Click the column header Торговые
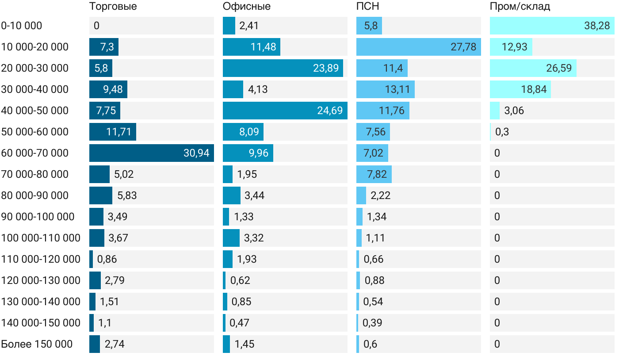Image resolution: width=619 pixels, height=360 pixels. coord(113,6)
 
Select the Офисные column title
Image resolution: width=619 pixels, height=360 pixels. coord(247,6)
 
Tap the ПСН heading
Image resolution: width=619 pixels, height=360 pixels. coord(368,6)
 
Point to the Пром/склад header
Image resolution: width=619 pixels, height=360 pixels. coord(520,6)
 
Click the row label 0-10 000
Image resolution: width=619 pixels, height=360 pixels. coord(22,26)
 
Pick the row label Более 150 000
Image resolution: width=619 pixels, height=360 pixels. coord(37,344)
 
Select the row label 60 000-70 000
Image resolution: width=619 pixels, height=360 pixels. coord(35,153)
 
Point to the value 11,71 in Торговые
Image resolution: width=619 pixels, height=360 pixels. coord(118,132)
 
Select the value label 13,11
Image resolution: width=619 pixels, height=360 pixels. coord(397,89)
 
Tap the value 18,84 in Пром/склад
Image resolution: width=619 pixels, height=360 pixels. coord(534,89)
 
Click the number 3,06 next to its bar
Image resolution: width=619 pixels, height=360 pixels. coord(514,111)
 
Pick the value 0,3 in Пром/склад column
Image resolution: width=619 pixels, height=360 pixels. coord(502,132)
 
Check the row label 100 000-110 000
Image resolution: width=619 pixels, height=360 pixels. coord(41,238)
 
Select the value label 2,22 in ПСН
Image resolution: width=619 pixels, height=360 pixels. coord(381,195)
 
